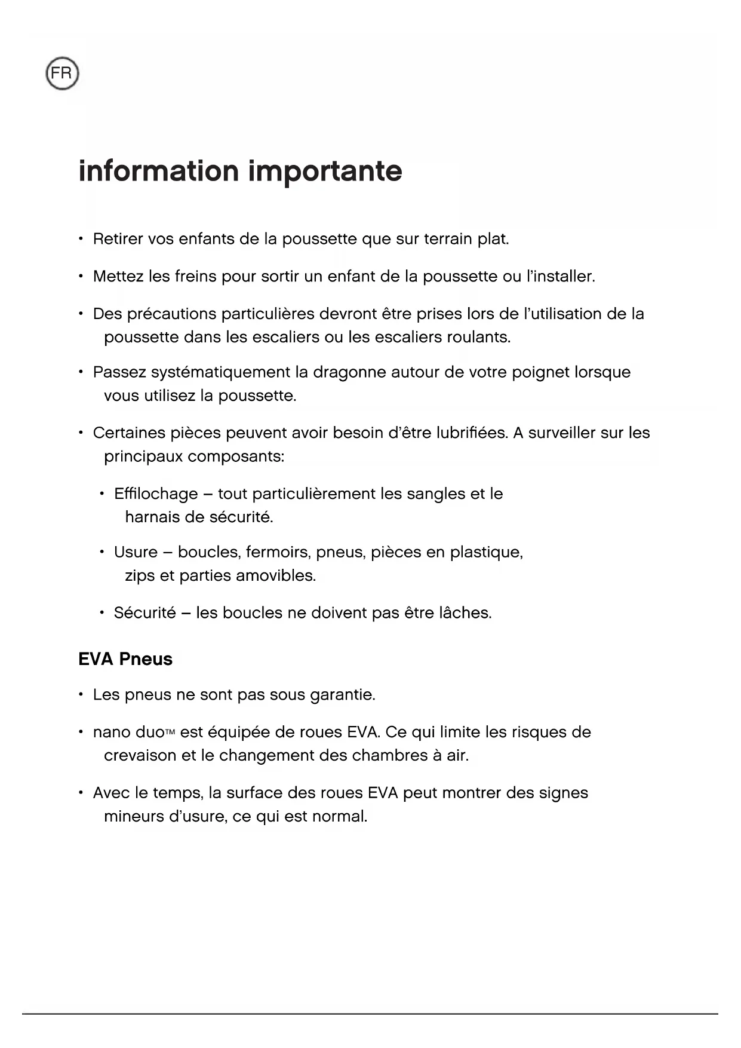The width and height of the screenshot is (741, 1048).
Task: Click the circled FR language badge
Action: point(62,74)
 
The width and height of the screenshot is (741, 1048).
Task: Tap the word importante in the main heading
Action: point(325,171)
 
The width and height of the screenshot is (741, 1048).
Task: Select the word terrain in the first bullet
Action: point(448,240)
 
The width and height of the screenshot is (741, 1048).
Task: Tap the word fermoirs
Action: point(278,553)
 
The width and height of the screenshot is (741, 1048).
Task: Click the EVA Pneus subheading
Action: point(125,659)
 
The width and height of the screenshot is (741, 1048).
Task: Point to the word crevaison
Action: point(140,756)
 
